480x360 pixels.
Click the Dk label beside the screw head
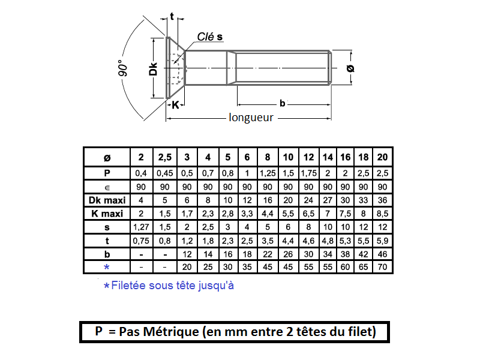pos(154,69)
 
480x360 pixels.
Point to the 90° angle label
pos(123,68)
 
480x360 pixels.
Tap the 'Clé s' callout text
pos(210,37)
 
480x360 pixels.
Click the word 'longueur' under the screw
pos(251,118)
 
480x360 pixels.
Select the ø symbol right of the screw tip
pos(350,68)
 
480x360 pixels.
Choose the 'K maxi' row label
pos(107,214)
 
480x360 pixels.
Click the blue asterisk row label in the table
pos(107,266)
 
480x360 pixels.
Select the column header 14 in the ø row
pos(328,157)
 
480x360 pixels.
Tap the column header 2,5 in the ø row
pos(164,157)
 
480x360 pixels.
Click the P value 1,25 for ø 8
pos(267,173)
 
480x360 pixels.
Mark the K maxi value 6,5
pos(308,214)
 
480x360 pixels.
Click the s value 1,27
pos(141,227)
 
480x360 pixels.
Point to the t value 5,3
pos(345,241)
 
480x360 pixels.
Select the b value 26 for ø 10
pos(288,254)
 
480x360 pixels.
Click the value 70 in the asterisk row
pos(382,266)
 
